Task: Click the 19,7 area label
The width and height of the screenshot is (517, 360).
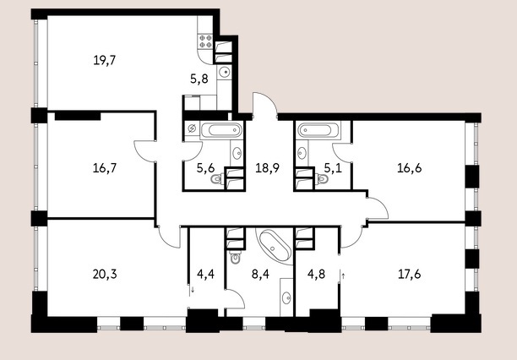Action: pos(105,61)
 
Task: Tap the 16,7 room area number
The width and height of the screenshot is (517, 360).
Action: pos(105,168)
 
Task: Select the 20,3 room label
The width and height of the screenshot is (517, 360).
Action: pos(105,274)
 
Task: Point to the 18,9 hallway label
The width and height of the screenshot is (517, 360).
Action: pos(268,168)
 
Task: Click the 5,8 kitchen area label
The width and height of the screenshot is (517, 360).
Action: pos(199,79)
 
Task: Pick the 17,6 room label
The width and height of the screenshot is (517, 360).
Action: pos(409,274)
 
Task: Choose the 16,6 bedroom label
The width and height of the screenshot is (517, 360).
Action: pos(409,168)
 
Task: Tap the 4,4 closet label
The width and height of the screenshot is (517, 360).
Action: pos(206,274)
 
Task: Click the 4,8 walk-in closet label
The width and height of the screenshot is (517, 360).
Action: pos(317,274)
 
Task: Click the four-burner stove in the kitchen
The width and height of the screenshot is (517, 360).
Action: pos(205,41)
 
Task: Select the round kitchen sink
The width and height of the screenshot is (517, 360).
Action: pos(225,71)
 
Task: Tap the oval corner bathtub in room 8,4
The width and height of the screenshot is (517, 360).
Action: pos(275,246)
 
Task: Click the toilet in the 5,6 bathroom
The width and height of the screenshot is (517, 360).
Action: pos(217,179)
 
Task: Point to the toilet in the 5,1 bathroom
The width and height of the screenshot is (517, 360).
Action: pos(322,179)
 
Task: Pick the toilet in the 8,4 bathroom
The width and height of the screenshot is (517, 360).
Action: pos(235,257)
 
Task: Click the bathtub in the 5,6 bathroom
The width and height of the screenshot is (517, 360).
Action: pos(221,130)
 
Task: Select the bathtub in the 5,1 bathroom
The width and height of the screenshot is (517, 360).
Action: pos(318,130)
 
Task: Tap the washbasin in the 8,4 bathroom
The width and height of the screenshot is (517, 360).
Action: pos(286,298)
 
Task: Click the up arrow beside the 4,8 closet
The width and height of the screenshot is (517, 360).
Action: pos(343,275)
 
